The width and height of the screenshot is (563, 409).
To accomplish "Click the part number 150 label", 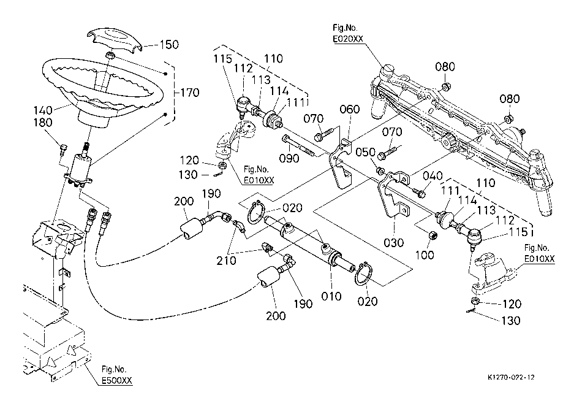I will click(x=169, y=45).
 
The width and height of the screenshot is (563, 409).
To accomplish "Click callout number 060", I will click(x=350, y=110).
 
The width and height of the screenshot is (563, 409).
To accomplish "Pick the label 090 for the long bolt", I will click(x=290, y=158).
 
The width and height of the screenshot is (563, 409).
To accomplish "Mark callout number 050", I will click(x=366, y=152).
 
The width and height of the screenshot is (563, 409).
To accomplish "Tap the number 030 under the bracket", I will click(x=394, y=242).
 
